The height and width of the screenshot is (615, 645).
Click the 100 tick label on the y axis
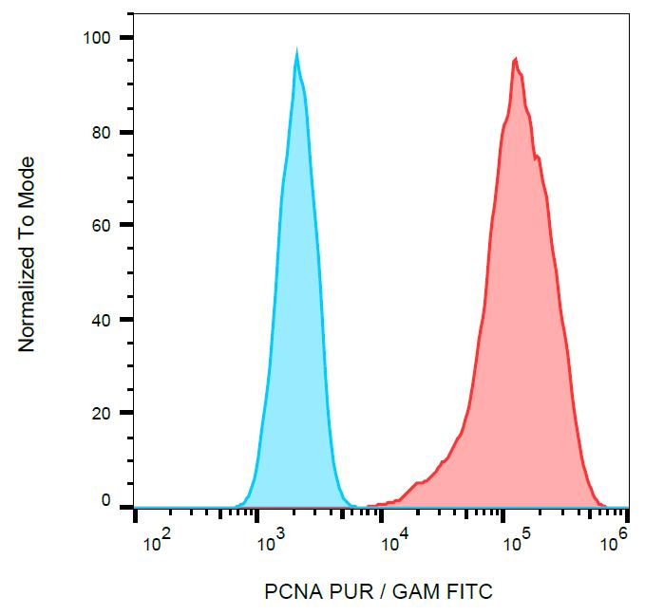[97, 38]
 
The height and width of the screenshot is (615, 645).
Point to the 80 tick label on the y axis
[102, 132]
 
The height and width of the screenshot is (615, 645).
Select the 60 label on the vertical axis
[102, 226]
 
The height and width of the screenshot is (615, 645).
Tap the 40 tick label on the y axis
[102, 320]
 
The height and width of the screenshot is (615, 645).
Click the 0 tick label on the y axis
[106, 500]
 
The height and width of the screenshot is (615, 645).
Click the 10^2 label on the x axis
[157, 544]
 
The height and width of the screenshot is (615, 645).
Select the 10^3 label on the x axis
[272, 544]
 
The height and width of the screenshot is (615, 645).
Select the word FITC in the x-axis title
[470, 592]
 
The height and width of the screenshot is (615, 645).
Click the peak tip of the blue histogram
[297, 53]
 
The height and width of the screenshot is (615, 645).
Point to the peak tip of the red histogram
[515, 60]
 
